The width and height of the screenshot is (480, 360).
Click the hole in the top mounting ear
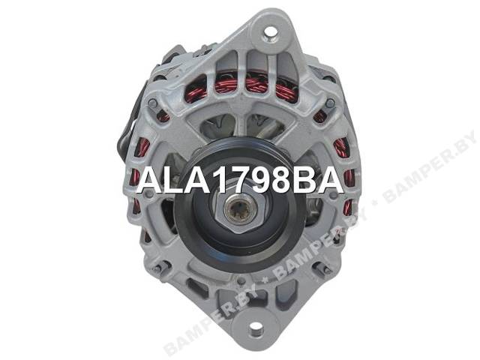coord(270,31)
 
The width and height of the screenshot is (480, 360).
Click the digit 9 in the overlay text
coord(253,181)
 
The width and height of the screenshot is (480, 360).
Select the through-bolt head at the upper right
coord(330,103)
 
